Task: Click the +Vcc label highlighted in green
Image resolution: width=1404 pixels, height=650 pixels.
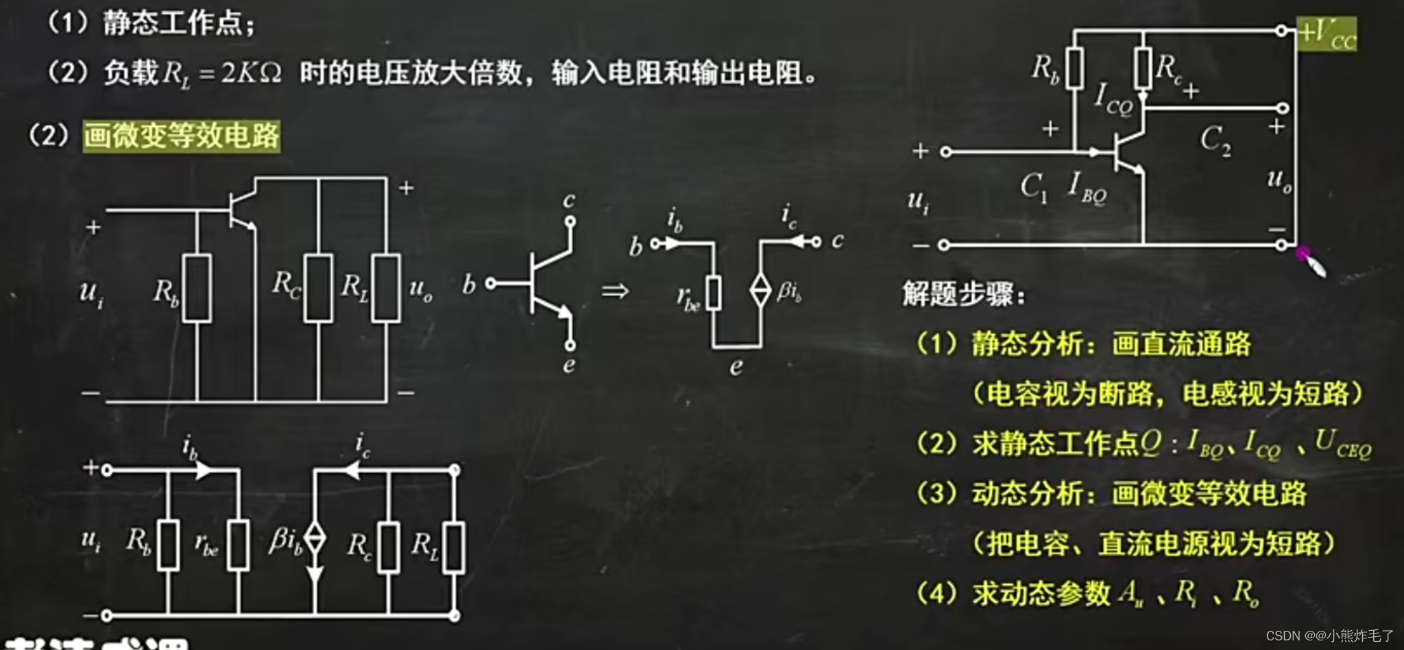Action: pos(1327,33)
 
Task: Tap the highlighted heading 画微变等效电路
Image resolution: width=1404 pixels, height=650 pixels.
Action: pos(181,136)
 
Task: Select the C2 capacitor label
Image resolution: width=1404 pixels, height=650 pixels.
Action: pos(1215,141)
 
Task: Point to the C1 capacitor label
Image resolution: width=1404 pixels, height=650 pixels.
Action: pos(1033,186)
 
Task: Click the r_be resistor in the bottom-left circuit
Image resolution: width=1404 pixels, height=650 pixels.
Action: pos(238,545)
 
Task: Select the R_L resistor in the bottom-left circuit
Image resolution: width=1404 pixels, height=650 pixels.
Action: pos(453,546)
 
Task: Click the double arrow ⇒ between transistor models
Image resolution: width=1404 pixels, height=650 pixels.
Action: pos(615,291)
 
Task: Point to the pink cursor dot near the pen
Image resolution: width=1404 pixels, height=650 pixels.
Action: pos(1303,253)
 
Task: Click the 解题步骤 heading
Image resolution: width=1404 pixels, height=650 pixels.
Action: pos(963,294)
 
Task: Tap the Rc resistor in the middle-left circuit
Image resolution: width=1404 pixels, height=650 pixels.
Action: pos(319,287)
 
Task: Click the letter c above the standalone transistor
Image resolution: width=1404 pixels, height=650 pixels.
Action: pos(569,200)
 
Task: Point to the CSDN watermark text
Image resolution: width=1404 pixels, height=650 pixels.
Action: pos(1329,636)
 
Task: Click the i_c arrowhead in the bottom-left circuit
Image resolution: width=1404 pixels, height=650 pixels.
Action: pos(350,470)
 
